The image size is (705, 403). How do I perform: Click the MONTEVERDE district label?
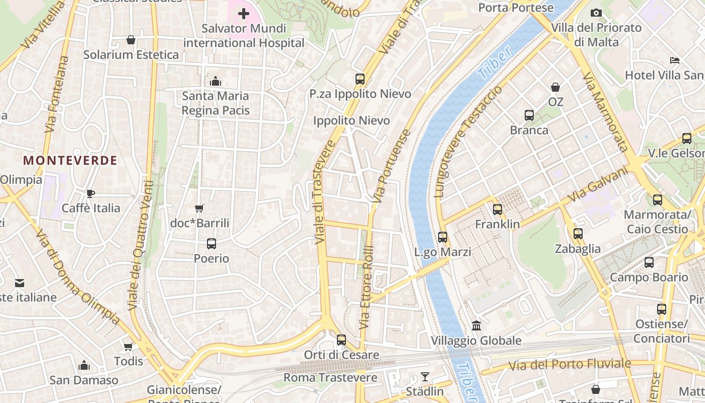70,161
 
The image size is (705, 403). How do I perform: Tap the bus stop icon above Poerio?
211,244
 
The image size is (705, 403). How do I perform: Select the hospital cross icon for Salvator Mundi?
244,14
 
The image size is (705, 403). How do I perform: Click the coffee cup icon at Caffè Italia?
91,193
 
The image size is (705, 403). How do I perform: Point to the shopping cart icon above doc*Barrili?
199,208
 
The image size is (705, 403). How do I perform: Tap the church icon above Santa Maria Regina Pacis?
216,81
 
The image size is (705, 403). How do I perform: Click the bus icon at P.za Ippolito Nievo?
360,79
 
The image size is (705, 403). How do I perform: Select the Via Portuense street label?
392,166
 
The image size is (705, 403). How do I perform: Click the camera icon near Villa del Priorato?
596,13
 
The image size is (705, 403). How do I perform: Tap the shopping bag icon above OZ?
555,87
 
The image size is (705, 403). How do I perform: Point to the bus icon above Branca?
529,115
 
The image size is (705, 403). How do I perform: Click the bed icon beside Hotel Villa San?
675,60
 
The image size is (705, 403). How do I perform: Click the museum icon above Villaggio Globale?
476,326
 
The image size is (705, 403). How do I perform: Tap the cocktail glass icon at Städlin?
425,377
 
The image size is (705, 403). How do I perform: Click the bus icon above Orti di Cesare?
341,340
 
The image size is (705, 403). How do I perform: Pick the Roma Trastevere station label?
330,378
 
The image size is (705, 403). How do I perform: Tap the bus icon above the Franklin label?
498,210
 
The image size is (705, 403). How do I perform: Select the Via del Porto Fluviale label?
570,364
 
